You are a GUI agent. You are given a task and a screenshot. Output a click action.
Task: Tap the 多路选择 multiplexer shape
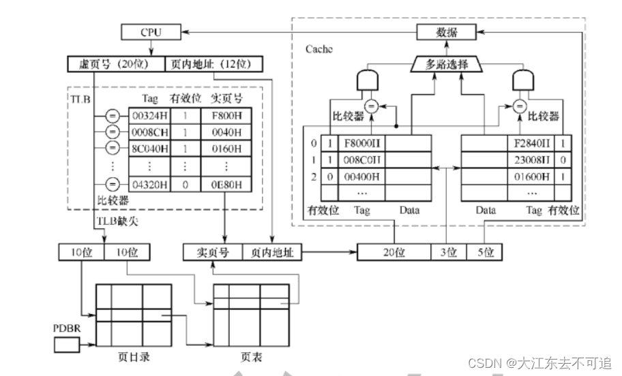pos(446,65)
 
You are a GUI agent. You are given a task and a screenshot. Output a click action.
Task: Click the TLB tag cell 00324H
pos(145,116)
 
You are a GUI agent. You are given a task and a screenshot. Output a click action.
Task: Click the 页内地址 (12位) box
pos(213,65)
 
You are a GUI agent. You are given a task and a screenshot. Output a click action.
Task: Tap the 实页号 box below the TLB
pos(213,253)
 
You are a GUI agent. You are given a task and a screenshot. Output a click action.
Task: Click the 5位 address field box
pos(485,253)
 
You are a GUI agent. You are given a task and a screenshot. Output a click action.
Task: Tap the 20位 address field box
pos(394,253)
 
